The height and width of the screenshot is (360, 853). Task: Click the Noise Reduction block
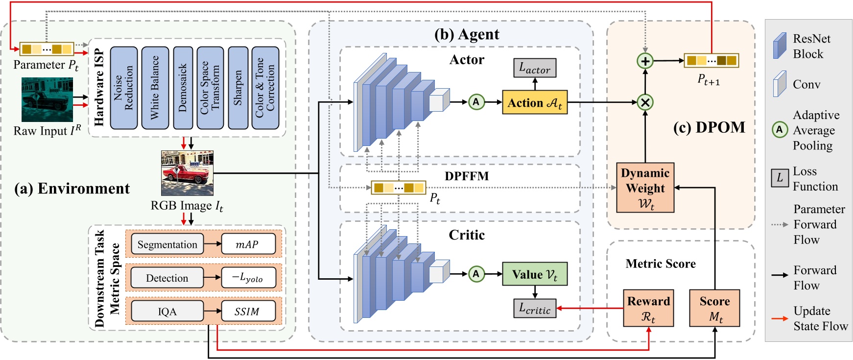123,88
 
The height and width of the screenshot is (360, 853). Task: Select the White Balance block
155,88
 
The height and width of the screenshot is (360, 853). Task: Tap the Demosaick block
183,88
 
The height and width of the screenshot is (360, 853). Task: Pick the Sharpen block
238,88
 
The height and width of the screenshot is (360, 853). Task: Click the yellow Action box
535,102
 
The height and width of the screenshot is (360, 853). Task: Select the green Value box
535,274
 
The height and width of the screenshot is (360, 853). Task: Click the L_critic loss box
535,309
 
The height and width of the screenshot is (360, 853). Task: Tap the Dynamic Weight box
645,188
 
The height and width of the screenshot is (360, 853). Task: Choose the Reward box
648,309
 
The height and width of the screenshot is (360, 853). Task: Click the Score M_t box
714,309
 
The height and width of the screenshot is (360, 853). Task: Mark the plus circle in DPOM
645,61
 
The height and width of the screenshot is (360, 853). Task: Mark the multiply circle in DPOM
645,102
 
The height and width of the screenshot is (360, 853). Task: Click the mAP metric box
248,244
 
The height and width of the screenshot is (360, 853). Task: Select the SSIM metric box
248,311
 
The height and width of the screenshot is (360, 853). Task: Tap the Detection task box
167,278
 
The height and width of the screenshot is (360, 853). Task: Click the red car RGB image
188,173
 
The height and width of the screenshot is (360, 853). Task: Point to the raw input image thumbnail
47,100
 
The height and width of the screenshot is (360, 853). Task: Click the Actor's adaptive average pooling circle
476,102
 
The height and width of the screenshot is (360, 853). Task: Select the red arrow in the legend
780,318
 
